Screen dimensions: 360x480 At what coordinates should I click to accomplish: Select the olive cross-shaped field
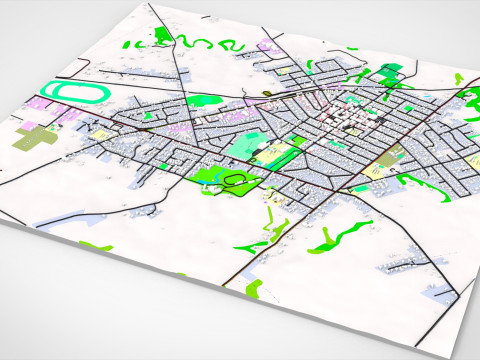(x=34, y=139)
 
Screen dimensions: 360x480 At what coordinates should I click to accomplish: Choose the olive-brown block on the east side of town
(x=391, y=154)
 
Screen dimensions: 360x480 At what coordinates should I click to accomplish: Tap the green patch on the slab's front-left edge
(x=95, y=246)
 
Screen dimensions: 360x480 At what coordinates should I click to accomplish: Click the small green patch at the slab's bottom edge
(x=252, y=289)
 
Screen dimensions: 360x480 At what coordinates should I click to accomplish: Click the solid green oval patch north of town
(x=205, y=100)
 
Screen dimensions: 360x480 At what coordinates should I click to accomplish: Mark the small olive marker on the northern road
(x=268, y=92)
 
